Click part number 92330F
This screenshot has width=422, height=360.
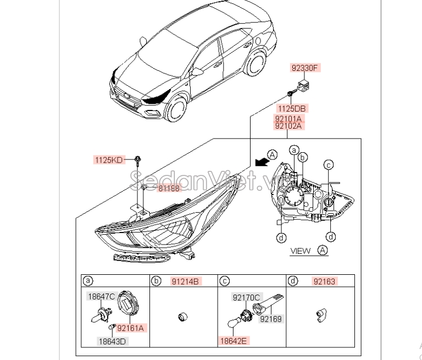305,68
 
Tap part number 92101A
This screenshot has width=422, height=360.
289,118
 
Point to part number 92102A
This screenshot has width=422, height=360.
289,126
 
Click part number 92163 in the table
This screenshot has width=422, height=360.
323,281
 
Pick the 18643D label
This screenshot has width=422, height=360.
112,341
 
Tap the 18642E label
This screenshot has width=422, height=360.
233,341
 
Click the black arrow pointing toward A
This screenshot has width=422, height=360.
263,161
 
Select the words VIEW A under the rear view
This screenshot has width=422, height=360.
309,251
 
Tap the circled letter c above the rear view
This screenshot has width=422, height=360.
328,164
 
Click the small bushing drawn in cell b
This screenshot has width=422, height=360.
181,316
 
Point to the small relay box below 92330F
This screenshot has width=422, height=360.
304,86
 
